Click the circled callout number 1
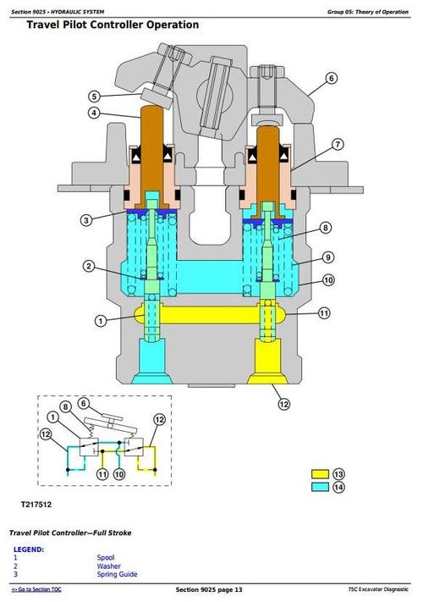pos(101,320)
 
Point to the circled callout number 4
pos(95,113)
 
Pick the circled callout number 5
pos(95,96)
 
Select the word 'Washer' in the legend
pos(108,566)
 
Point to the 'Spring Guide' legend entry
pos(117,575)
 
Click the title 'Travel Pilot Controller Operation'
pos(113,25)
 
